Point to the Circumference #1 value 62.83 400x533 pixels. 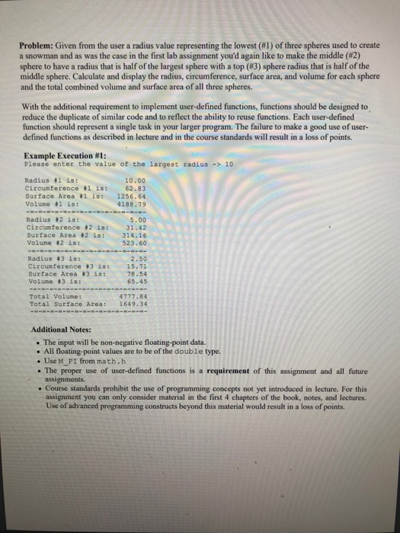tap(136, 187)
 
